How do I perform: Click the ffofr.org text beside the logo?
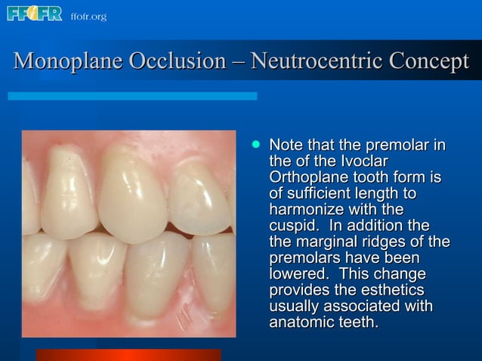tap(88, 16)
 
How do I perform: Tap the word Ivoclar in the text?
tap(361, 161)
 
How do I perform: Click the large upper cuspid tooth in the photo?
tap(129, 193)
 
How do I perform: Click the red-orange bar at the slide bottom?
tap(128, 355)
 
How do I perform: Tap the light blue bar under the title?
tap(132, 96)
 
